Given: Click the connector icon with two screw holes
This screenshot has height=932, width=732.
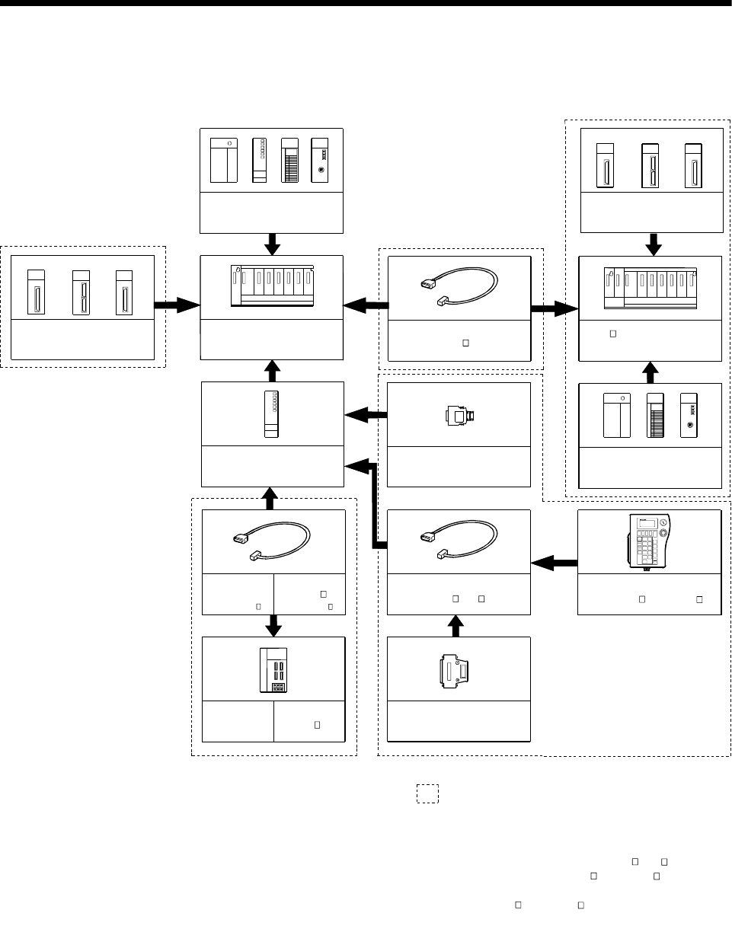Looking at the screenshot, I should (459, 669).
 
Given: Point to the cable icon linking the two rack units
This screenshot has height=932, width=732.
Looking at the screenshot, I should (459, 287).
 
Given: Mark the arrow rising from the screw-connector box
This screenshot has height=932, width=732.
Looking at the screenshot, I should (456, 625).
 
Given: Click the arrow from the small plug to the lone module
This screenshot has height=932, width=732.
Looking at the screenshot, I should (366, 415).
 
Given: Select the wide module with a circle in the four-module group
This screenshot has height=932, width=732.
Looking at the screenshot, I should (227, 160).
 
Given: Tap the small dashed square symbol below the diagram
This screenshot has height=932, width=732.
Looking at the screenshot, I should (427, 793).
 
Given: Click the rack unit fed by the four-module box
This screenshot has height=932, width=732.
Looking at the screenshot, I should (272, 287).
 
